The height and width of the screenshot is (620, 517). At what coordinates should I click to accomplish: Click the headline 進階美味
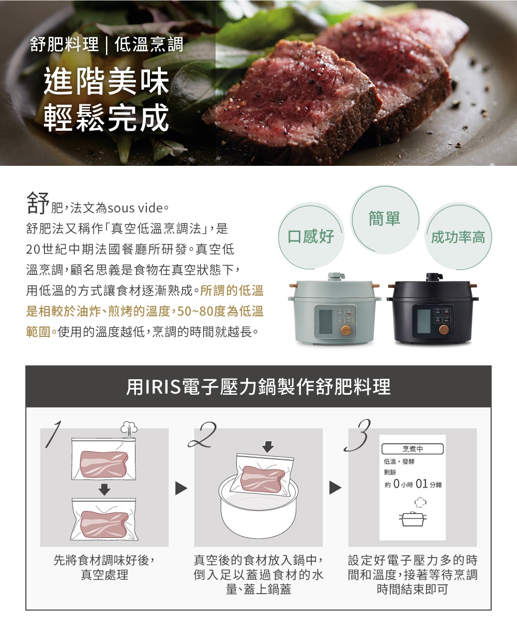[x=107, y=83]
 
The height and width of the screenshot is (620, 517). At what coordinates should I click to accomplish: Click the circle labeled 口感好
[x=311, y=237]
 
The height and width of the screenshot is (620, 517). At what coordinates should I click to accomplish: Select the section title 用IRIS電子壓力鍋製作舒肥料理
[x=258, y=386]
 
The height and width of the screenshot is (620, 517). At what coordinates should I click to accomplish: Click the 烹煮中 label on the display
[x=412, y=448]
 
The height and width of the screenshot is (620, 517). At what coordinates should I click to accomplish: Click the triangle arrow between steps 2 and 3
[x=336, y=488]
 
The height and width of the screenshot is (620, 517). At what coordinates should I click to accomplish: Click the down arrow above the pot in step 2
[x=267, y=446]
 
